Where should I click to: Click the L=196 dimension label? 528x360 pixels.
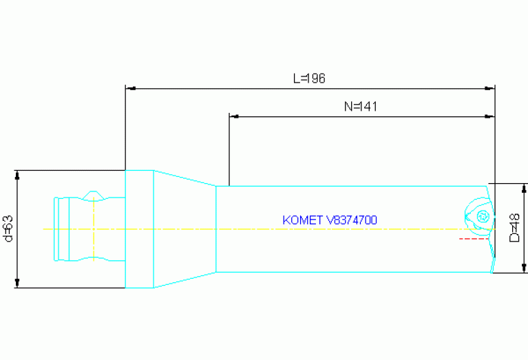point(309,78)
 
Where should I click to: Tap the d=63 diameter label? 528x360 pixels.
point(8,229)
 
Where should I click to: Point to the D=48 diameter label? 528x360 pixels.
point(514,228)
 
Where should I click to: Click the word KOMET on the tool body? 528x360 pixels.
point(303,220)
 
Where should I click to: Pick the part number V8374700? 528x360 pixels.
point(352,220)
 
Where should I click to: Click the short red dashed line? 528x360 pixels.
point(474,239)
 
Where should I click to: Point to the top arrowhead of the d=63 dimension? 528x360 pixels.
point(19,174)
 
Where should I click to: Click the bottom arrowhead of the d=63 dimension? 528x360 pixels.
point(19,284)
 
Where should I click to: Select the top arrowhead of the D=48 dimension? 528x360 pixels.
point(525,187)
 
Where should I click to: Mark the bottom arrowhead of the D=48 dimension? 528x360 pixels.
point(525,268)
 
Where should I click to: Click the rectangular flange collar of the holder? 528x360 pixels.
point(139,229)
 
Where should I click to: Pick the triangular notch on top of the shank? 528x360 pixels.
point(94,195)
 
